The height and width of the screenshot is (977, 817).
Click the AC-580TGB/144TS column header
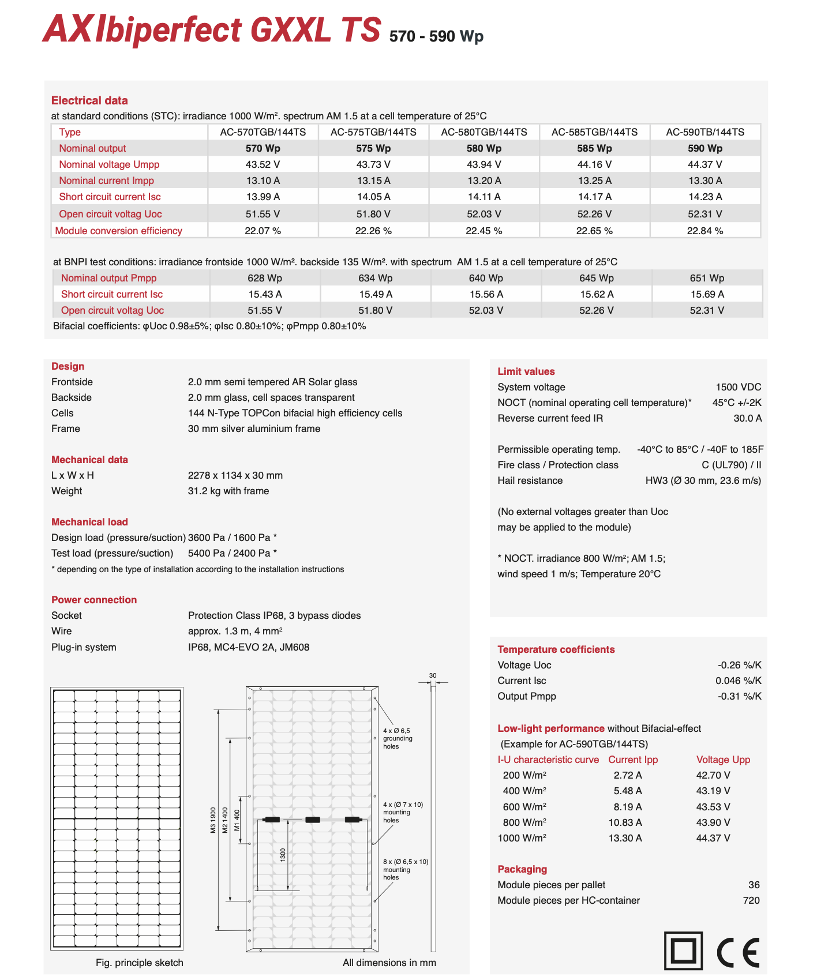point(484,132)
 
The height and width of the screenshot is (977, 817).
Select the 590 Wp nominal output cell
point(704,148)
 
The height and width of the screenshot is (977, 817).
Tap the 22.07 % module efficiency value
point(263,231)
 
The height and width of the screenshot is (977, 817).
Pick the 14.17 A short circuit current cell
point(594,197)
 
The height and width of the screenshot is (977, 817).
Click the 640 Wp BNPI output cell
point(486,278)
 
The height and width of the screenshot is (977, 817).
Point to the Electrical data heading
point(89,100)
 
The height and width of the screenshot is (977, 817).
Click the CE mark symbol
point(738,952)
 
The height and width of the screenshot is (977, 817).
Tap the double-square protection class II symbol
point(683,951)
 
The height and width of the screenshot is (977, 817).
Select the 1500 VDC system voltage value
point(738,387)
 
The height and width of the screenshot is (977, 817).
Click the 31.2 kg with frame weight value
point(228,491)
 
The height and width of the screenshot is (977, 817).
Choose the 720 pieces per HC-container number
point(751,900)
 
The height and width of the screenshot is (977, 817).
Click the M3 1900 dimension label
point(213,820)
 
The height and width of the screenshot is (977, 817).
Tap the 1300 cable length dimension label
point(283,855)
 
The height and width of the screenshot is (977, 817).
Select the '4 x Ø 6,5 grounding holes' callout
point(398,738)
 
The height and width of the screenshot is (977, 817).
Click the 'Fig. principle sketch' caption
point(139,963)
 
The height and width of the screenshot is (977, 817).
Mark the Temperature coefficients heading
point(556,649)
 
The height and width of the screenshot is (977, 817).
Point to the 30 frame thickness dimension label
point(433,675)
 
